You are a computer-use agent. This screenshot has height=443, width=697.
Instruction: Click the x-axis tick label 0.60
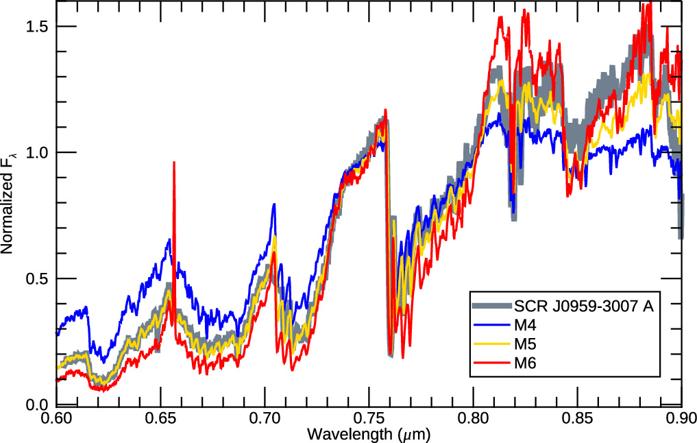click(x=56, y=419)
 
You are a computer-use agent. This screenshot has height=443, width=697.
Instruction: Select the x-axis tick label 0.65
click(x=160, y=419)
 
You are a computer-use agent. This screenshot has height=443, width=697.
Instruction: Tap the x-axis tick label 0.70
click(x=265, y=419)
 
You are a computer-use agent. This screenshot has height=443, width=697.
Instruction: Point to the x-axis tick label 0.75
click(x=369, y=419)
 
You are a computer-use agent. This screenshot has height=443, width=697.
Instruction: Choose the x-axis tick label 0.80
click(x=474, y=419)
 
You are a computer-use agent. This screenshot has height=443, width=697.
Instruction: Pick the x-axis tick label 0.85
click(x=578, y=419)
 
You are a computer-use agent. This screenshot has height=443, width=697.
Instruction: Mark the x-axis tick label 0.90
click(x=681, y=419)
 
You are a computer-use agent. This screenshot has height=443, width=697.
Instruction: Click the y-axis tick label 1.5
click(x=37, y=26)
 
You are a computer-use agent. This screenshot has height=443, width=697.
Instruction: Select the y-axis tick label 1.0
click(x=37, y=152)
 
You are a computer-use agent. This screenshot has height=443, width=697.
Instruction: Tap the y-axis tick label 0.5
click(x=37, y=278)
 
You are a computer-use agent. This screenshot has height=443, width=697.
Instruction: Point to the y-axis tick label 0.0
click(x=37, y=405)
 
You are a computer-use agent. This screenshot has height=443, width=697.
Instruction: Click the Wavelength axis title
click(x=369, y=434)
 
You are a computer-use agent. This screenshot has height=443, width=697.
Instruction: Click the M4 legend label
click(x=526, y=325)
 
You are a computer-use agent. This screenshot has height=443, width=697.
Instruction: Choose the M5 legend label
click(x=526, y=344)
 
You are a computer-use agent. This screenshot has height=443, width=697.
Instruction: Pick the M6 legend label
click(x=526, y=363)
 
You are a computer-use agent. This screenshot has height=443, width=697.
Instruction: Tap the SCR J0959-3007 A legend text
click(x=584, y=306)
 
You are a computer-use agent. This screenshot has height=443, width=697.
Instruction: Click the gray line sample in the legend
click(x=491, y=306)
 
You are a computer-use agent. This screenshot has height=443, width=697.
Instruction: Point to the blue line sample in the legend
click(x=491, y=325)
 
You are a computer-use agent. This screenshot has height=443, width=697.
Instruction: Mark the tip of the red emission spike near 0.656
click(x=174, y=163)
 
